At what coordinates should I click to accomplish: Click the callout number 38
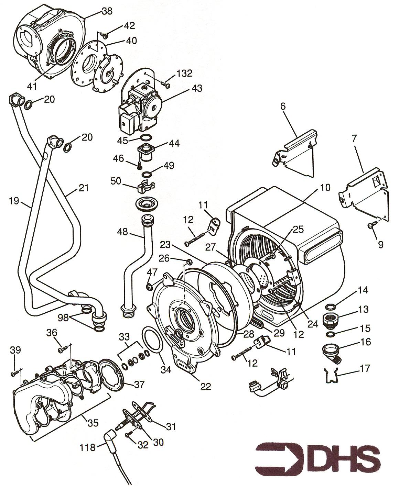(107, 12)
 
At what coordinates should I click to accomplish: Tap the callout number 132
(184, 74)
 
